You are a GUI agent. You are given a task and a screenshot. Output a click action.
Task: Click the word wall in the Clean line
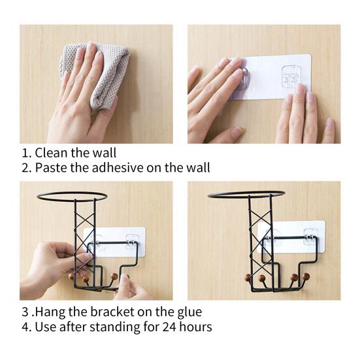point(105,153)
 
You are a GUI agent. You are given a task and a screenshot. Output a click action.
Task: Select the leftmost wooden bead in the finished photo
point(248,277)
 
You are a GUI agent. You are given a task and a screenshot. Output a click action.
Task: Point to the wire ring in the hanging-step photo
point(72,195)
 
